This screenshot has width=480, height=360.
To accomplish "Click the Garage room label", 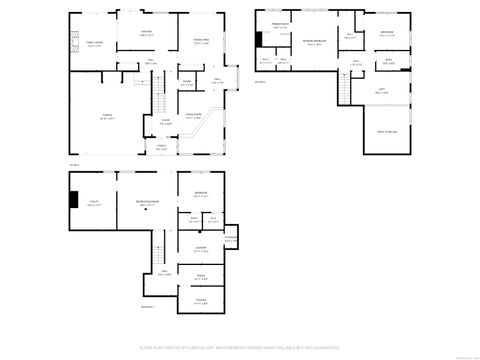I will click(107, 117).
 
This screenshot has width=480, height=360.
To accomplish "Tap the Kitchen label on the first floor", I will click(146, 33).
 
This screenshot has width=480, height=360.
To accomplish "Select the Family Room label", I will click(95, 44).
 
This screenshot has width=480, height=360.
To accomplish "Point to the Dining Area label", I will click(200, 42).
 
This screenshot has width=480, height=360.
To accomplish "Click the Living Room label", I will click(197, 118).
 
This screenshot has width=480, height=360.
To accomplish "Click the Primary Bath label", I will click(281, 27).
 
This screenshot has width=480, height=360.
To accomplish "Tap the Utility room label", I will click(92, 203).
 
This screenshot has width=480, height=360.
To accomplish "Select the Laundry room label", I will click(200, 250).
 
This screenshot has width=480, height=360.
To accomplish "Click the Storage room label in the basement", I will click(200, 299).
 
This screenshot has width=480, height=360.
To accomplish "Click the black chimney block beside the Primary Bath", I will click(259, 39).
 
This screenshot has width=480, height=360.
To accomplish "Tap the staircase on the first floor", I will click(158, 102).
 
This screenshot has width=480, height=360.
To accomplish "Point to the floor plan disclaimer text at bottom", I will click(240, 349).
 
